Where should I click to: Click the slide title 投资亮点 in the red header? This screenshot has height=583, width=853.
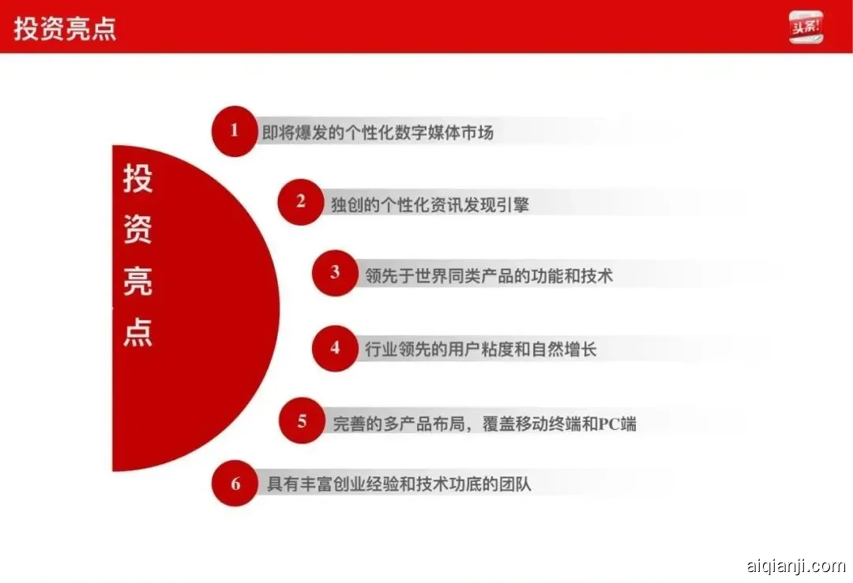(65, 28)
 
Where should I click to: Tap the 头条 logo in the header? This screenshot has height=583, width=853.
(806, 27)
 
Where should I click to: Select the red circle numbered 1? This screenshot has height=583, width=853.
(234, 131)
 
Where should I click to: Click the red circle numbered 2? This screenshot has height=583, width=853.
(301, 202)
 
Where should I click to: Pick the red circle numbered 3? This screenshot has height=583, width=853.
(335, 273)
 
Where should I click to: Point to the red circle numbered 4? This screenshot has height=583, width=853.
(335, 348)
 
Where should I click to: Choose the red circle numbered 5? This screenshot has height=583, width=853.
(302, 421)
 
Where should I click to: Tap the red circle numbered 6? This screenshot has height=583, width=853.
(235, 484)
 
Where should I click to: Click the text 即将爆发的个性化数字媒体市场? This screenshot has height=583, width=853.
(378, 133)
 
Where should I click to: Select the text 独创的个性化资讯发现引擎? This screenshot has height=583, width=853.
(430, 204)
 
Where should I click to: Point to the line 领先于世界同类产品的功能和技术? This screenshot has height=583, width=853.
(489, 275)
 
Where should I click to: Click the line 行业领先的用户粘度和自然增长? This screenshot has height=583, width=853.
(481, 349)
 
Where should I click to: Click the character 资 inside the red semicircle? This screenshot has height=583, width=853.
(137, 230)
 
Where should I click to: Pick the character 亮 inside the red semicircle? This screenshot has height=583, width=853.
(137, 282)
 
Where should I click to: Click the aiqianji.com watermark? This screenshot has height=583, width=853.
(795, 566)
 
